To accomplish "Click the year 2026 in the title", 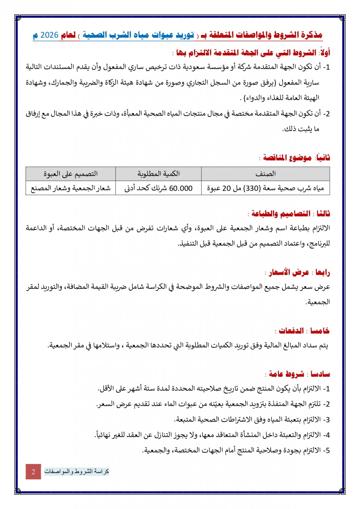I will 49,35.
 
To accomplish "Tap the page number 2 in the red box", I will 33,471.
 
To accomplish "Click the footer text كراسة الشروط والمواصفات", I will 76,471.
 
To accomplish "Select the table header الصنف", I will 265,174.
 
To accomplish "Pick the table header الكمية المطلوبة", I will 158,174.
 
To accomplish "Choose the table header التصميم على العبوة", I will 70,174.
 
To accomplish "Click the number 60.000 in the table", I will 181,188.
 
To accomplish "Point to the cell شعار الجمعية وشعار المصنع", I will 70,188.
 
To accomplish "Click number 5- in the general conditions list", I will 326,451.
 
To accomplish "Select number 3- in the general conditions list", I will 326,420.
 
